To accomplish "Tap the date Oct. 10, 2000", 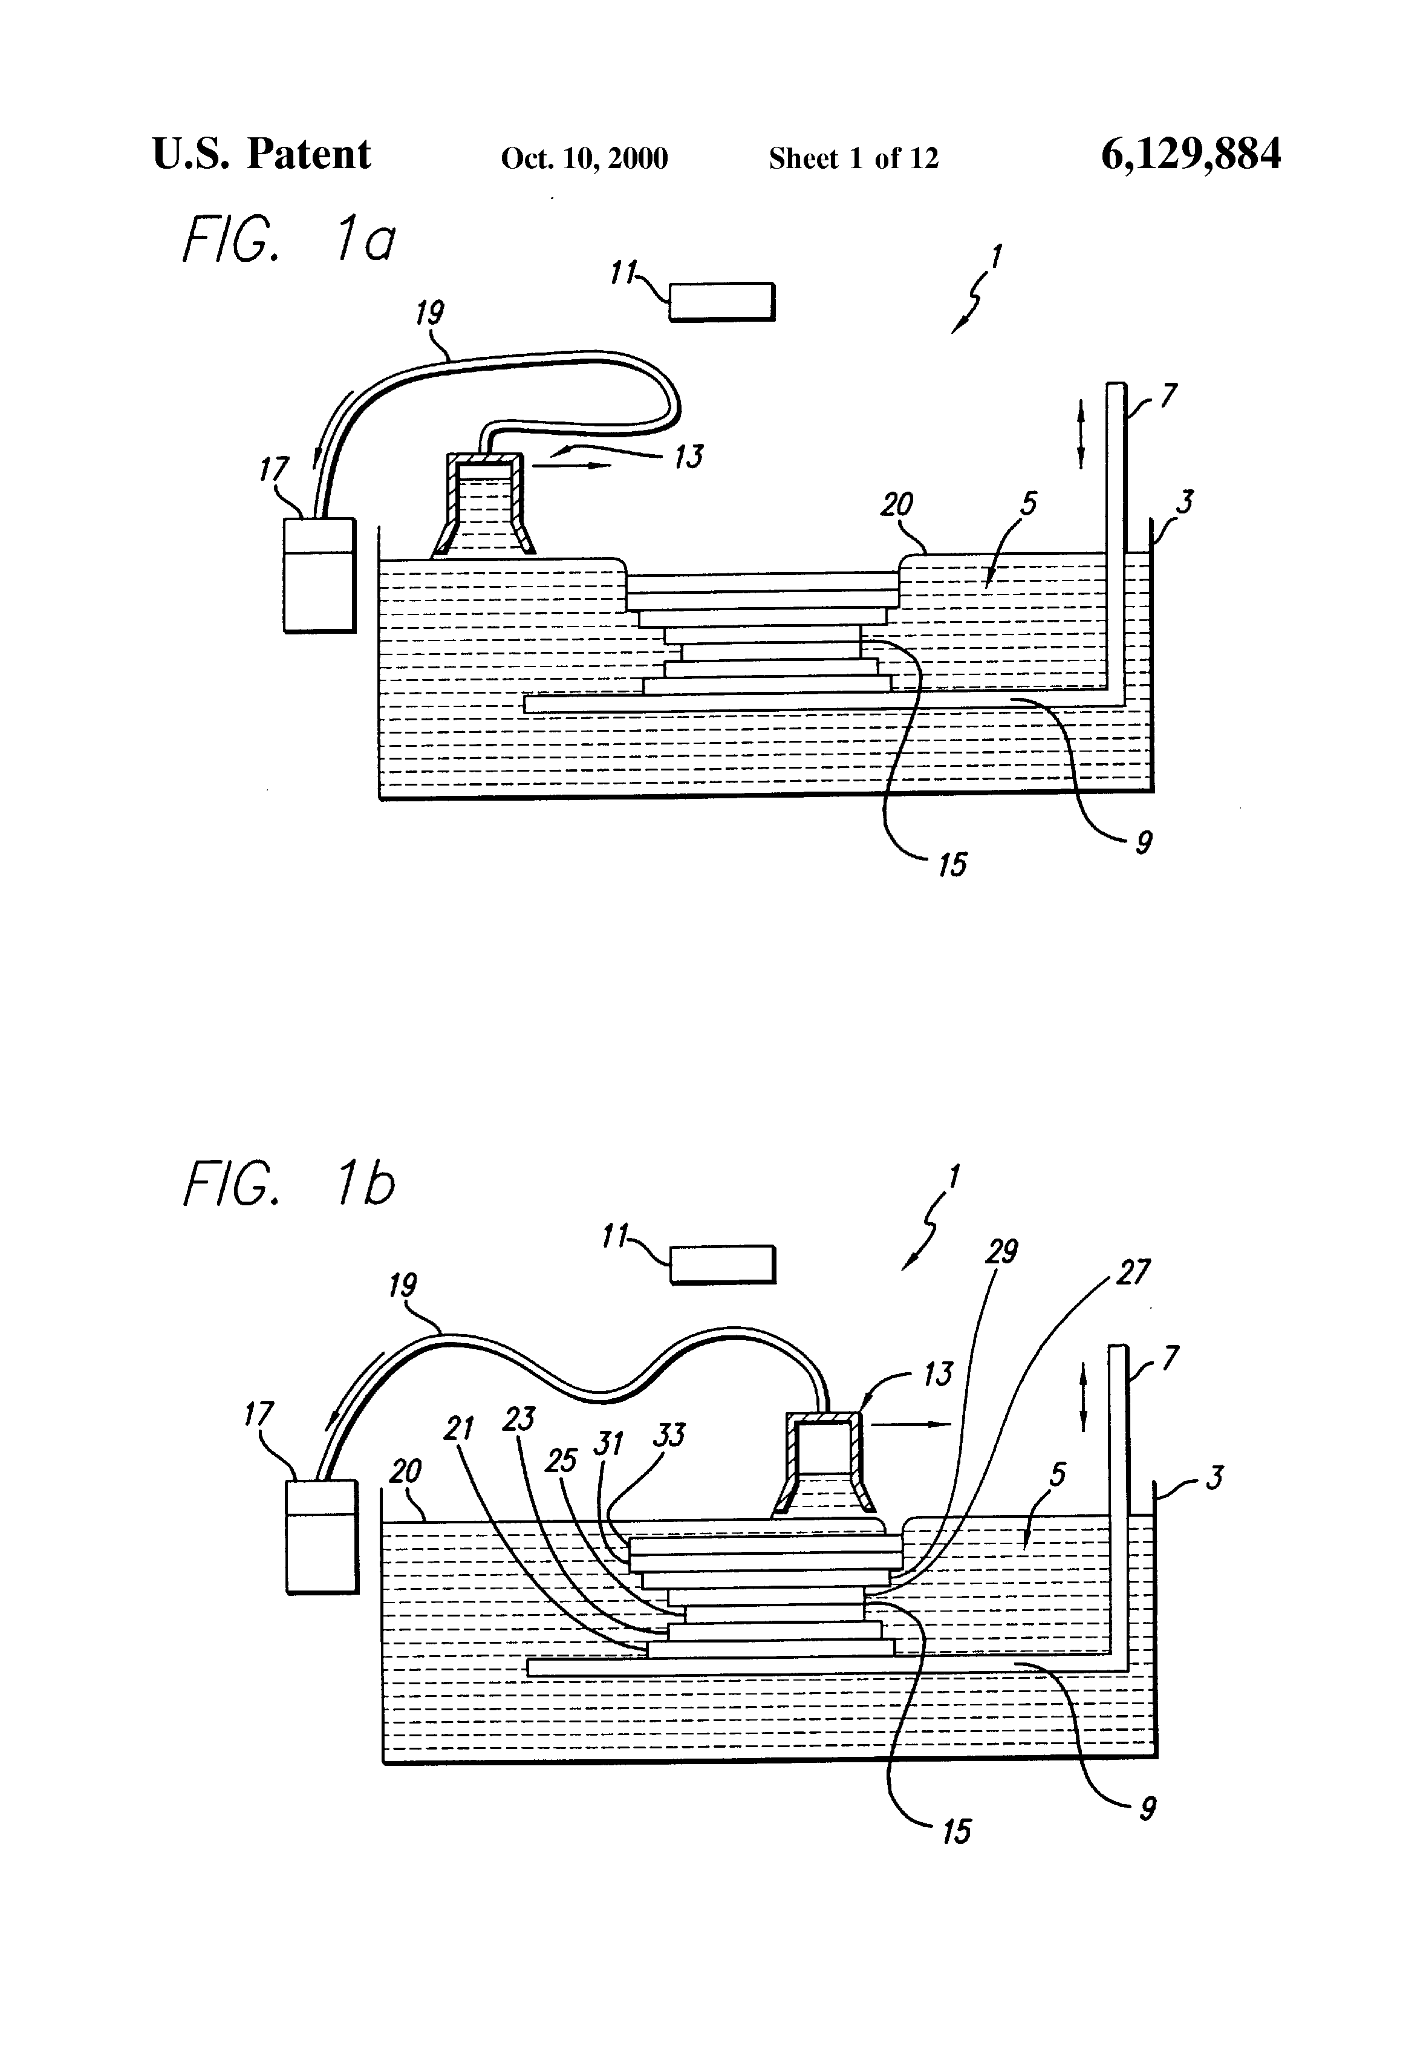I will [x=584, y=158].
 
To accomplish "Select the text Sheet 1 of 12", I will [x=853, y=158].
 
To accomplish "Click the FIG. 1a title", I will [x=288, y=239].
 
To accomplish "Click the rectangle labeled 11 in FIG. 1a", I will [x=721, y=302].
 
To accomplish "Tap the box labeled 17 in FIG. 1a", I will [x=318, y=575].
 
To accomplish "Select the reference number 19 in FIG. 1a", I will [x=430, y=313].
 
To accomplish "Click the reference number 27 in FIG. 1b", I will [x=1133, y=1272].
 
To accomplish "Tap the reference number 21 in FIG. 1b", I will [x=458, y=1428].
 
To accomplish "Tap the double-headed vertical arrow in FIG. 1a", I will [x=1080, y=434].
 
